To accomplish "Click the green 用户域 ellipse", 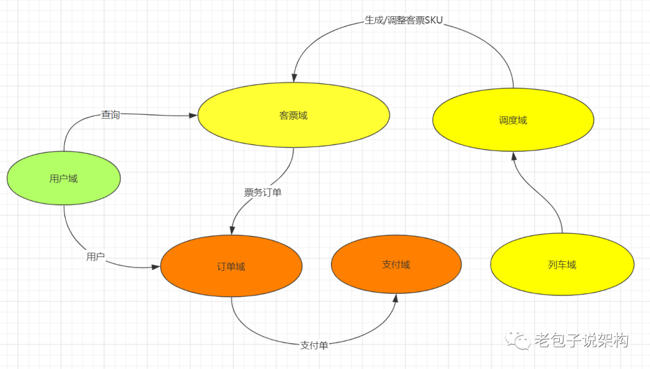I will (x=63, y=178).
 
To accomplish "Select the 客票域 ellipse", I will (x=294, y=115).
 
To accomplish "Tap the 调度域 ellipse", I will (x=513, y=120).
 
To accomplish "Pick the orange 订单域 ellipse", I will (x=231, y=266).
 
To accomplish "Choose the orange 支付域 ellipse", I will (x=396, y=264).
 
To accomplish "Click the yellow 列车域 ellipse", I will (x=562, y=264).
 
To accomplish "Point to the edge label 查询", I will (x=110, y=114).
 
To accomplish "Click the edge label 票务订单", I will (x=262, y=193).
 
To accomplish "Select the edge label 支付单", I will (x=314, y=346).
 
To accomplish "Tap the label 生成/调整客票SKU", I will (x=403, y=20).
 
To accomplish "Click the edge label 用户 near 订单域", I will (x=96, y=257).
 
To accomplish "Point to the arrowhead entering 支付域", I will (x=396, y=299).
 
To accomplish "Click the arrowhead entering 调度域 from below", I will (x=513, y=156).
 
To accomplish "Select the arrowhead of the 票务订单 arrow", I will (x=232, y=231).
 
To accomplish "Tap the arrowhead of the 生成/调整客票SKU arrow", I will (x=294, y=78).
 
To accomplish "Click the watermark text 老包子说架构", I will (x=581, y=341).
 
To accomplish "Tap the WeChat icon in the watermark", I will (x=518, y=340).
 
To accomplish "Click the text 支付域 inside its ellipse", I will (x=396, y=264).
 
